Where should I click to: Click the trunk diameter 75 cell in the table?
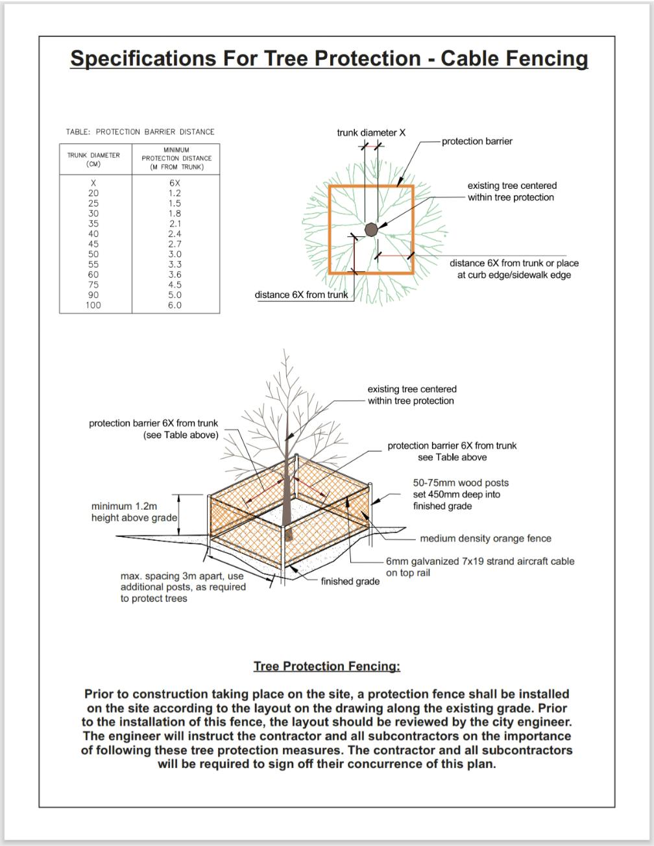click(93, 284)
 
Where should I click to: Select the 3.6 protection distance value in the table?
click(175, 275)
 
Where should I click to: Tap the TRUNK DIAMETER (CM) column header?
click(93, 160)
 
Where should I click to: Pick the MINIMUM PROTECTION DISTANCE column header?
click(176, 158)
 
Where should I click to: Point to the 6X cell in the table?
click(175, 183)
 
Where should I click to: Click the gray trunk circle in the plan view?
click(371, 229)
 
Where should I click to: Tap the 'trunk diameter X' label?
click(370, 132)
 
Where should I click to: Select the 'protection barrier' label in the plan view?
click(477, 141)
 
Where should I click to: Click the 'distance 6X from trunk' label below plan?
click(301, 295)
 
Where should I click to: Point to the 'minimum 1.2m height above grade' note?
click(134, 512)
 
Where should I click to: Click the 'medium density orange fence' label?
click(485, 538)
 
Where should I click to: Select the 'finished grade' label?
click(350, 581)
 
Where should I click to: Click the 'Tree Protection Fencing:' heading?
click(327, 666)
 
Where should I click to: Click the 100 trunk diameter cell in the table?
click(93, 305)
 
